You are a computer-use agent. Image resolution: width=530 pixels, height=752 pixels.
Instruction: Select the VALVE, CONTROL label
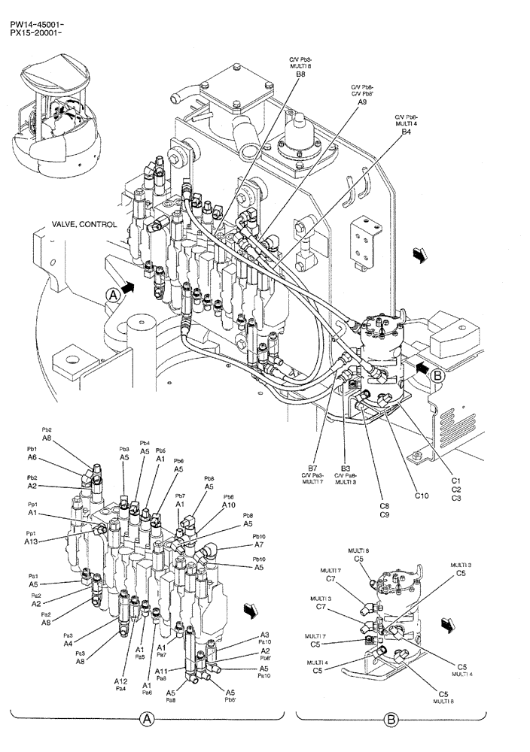coord(84,224)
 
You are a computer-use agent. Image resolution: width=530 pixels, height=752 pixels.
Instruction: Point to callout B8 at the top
coord(300,74)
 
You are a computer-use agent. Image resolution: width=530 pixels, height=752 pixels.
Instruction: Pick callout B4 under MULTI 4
coord(406,132)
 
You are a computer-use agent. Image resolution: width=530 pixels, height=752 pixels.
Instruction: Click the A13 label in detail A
coord(31,541)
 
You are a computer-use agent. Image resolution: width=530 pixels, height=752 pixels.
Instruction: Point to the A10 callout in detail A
coord(228,505)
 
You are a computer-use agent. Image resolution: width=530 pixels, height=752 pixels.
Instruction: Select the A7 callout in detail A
coord(259,544)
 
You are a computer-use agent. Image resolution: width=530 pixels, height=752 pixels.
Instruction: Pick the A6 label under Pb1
coord(32,457)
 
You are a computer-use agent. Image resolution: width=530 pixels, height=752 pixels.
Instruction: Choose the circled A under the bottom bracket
coord(148,720)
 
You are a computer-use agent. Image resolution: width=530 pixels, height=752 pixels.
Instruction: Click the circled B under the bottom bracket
coord(391,720)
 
